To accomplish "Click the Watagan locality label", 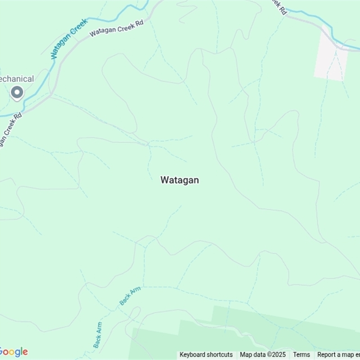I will [180, 180].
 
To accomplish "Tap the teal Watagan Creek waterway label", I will [69, 39].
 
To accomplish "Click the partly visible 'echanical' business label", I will [16, 79].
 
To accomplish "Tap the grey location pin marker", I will [17, 93].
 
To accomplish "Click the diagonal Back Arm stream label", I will [130, 296].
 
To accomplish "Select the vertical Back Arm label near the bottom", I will [98, 335].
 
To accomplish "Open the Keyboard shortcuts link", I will [206, 355].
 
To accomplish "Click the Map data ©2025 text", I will [263, 355].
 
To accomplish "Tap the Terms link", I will [301, 355].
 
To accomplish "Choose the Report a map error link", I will [338, 355].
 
